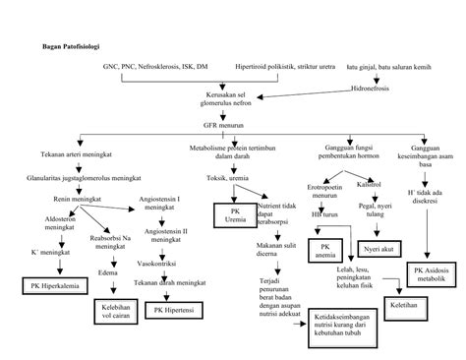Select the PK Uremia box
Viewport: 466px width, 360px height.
pos(233,215)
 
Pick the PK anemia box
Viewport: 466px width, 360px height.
pos(324,249)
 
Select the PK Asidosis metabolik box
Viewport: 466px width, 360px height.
pos(431,274)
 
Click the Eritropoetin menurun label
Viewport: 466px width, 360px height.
pos(322,189)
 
